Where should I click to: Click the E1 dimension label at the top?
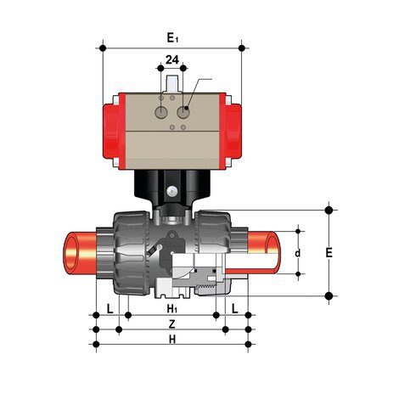tap(172, 37)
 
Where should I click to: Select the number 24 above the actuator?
tap(172, 60)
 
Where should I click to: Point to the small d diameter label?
tap(297, 253)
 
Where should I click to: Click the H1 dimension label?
tap(171, 307)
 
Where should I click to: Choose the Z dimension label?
tap(171, 324)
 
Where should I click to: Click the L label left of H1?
tap(111, 307)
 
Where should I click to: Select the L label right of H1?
tap(235, 307)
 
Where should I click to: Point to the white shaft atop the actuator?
tap(173, 84)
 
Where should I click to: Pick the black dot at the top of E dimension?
tap(329, 209)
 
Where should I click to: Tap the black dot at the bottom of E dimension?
tap(329, 295)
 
